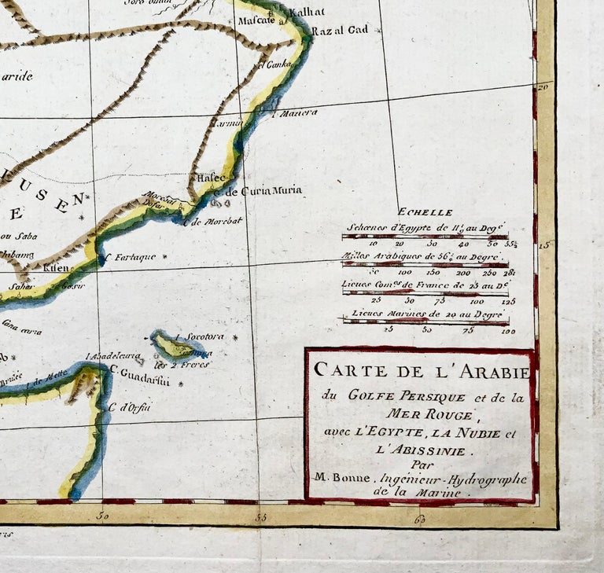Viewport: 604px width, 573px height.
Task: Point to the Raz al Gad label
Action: tap(339, 31)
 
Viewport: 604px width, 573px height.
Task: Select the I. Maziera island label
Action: tap(294, 112)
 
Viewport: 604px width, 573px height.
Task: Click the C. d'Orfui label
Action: tap(129, 406)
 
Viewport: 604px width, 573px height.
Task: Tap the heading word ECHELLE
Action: tap(425, 212)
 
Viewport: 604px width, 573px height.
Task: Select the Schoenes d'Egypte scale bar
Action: tap(425, 236)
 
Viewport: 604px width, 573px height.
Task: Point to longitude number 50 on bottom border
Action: tap(101, 516)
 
